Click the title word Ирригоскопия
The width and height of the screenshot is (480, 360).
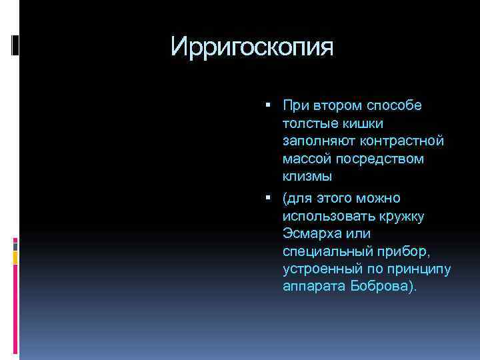click(x=251, y=47)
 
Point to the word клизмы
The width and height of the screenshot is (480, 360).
click(x=306, y=177)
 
